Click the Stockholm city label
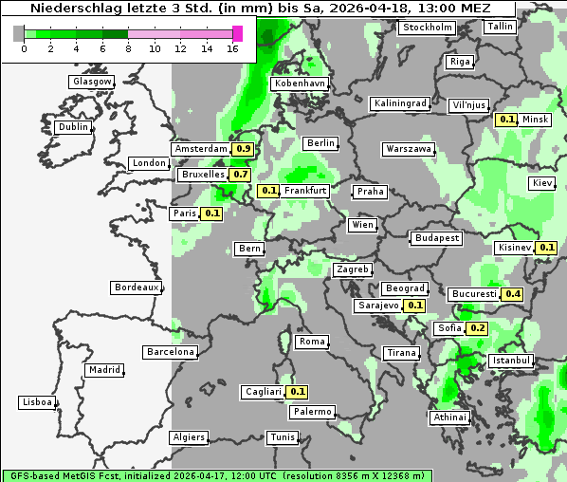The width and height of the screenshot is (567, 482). click(x=427, y=28)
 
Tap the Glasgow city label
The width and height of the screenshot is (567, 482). click(x=92, y=82)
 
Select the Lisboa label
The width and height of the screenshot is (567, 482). click(x=37, y=402)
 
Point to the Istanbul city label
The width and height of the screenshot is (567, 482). click(x=511, y=361)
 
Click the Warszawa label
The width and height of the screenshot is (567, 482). click(x=409, y=149)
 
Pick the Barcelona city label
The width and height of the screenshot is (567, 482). click(x=171, y=352)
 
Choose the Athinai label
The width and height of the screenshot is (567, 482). click(x=449, y=417)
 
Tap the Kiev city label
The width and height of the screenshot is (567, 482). click(x=542, y=183)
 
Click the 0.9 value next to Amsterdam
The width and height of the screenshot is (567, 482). click(x=243, y=149)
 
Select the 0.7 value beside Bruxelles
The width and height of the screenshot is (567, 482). click(x=240, y=175)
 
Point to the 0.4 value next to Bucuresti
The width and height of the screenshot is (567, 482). click(x=513, y=294)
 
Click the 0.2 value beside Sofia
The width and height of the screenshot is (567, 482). click(x=478, y=328)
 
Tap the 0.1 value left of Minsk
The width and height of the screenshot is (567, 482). click(x=507, y=120)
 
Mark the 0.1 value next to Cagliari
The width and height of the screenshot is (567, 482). click(x=298, y=392)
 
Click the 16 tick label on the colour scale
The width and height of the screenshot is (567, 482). click(x=231, y=48)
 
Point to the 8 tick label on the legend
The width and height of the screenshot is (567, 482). click(x=129, y=48)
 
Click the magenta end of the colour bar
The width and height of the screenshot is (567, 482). click(x=237, y=33)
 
